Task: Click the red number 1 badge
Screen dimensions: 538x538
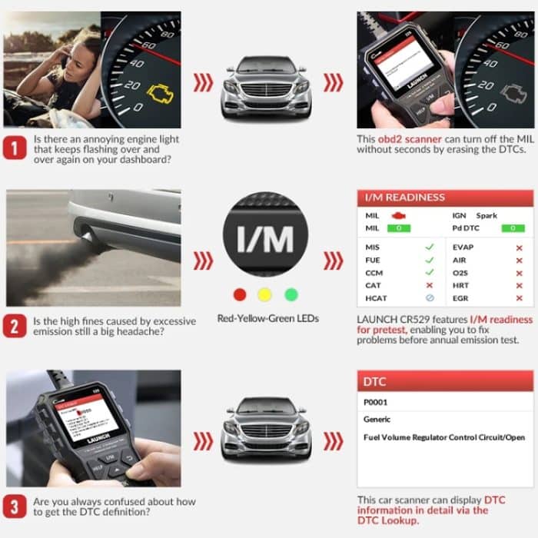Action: pos(15,146)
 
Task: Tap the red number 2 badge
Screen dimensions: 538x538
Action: pos(15,326)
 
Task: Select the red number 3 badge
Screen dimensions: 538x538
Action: pos(15,506)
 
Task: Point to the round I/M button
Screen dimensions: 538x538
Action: pos(265,240)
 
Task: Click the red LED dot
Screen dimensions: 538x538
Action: pos(240,294)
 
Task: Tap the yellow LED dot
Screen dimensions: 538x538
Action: pos(265,294)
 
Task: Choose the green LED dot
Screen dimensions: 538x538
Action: pos(291,294)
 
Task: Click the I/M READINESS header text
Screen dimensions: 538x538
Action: pos(405,198)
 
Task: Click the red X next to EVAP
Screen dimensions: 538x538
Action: pos(520,247)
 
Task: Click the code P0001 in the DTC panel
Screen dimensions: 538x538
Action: pos(377,402)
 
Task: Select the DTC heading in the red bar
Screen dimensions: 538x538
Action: pos(374,382)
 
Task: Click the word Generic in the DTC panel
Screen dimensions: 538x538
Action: pos(377,420)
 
